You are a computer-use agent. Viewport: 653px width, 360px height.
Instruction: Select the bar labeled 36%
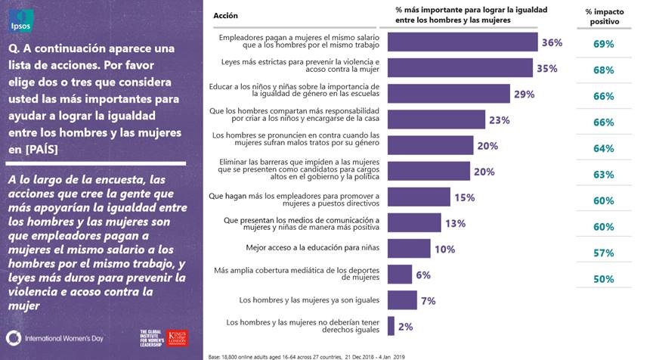(x=462, y=43)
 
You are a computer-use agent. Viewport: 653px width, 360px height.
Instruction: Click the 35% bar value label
(x=547, y=69)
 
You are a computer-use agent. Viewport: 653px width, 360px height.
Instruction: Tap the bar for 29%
(x=448, y=94)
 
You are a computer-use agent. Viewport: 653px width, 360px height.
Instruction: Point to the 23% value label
(x=500, y=120)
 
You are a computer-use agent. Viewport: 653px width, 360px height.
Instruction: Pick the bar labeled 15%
(x=419, y=197)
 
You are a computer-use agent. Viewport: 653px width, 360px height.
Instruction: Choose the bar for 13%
(x=413, y=223)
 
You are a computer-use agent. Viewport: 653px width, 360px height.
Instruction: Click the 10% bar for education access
(x=408, y=249)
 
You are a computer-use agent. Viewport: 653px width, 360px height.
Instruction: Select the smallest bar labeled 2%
(x=391, y=326)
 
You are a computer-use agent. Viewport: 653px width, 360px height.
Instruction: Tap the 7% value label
(x=429, y=301)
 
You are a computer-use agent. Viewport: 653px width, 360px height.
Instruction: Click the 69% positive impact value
(x=603, y=44)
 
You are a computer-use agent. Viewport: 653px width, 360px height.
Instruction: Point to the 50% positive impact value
(x=603, y=279)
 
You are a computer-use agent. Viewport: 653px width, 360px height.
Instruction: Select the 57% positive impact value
(x=603, y=253)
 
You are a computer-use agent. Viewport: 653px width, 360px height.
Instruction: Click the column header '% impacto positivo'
(x=603, y=17)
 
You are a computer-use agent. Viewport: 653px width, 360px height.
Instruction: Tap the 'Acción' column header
(x=226, y=16)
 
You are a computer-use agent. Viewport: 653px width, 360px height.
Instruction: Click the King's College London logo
(x=178, y=337)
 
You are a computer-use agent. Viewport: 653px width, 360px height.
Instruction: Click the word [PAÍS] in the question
(x=45, y=148)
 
